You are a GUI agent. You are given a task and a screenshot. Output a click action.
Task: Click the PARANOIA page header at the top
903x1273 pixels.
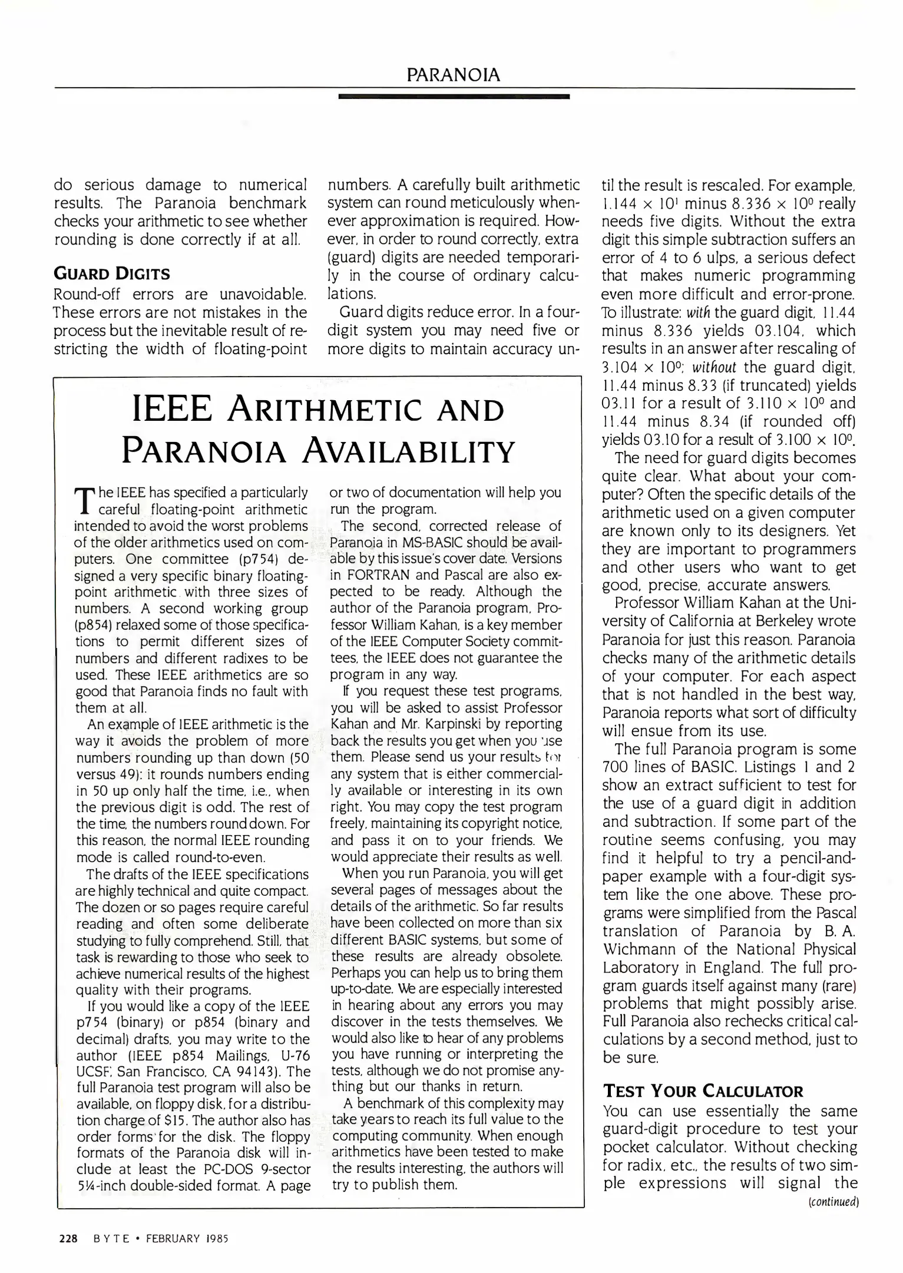454,75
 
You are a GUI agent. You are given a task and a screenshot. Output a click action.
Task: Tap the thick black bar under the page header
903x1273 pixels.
454,96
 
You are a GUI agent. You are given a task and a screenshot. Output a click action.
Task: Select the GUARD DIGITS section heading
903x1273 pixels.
112,274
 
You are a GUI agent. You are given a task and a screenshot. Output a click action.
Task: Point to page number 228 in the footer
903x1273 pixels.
69,1238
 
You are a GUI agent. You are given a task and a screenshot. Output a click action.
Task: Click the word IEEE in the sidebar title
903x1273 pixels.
172,409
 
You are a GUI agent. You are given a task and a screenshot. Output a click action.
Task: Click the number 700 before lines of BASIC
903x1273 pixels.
616,767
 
